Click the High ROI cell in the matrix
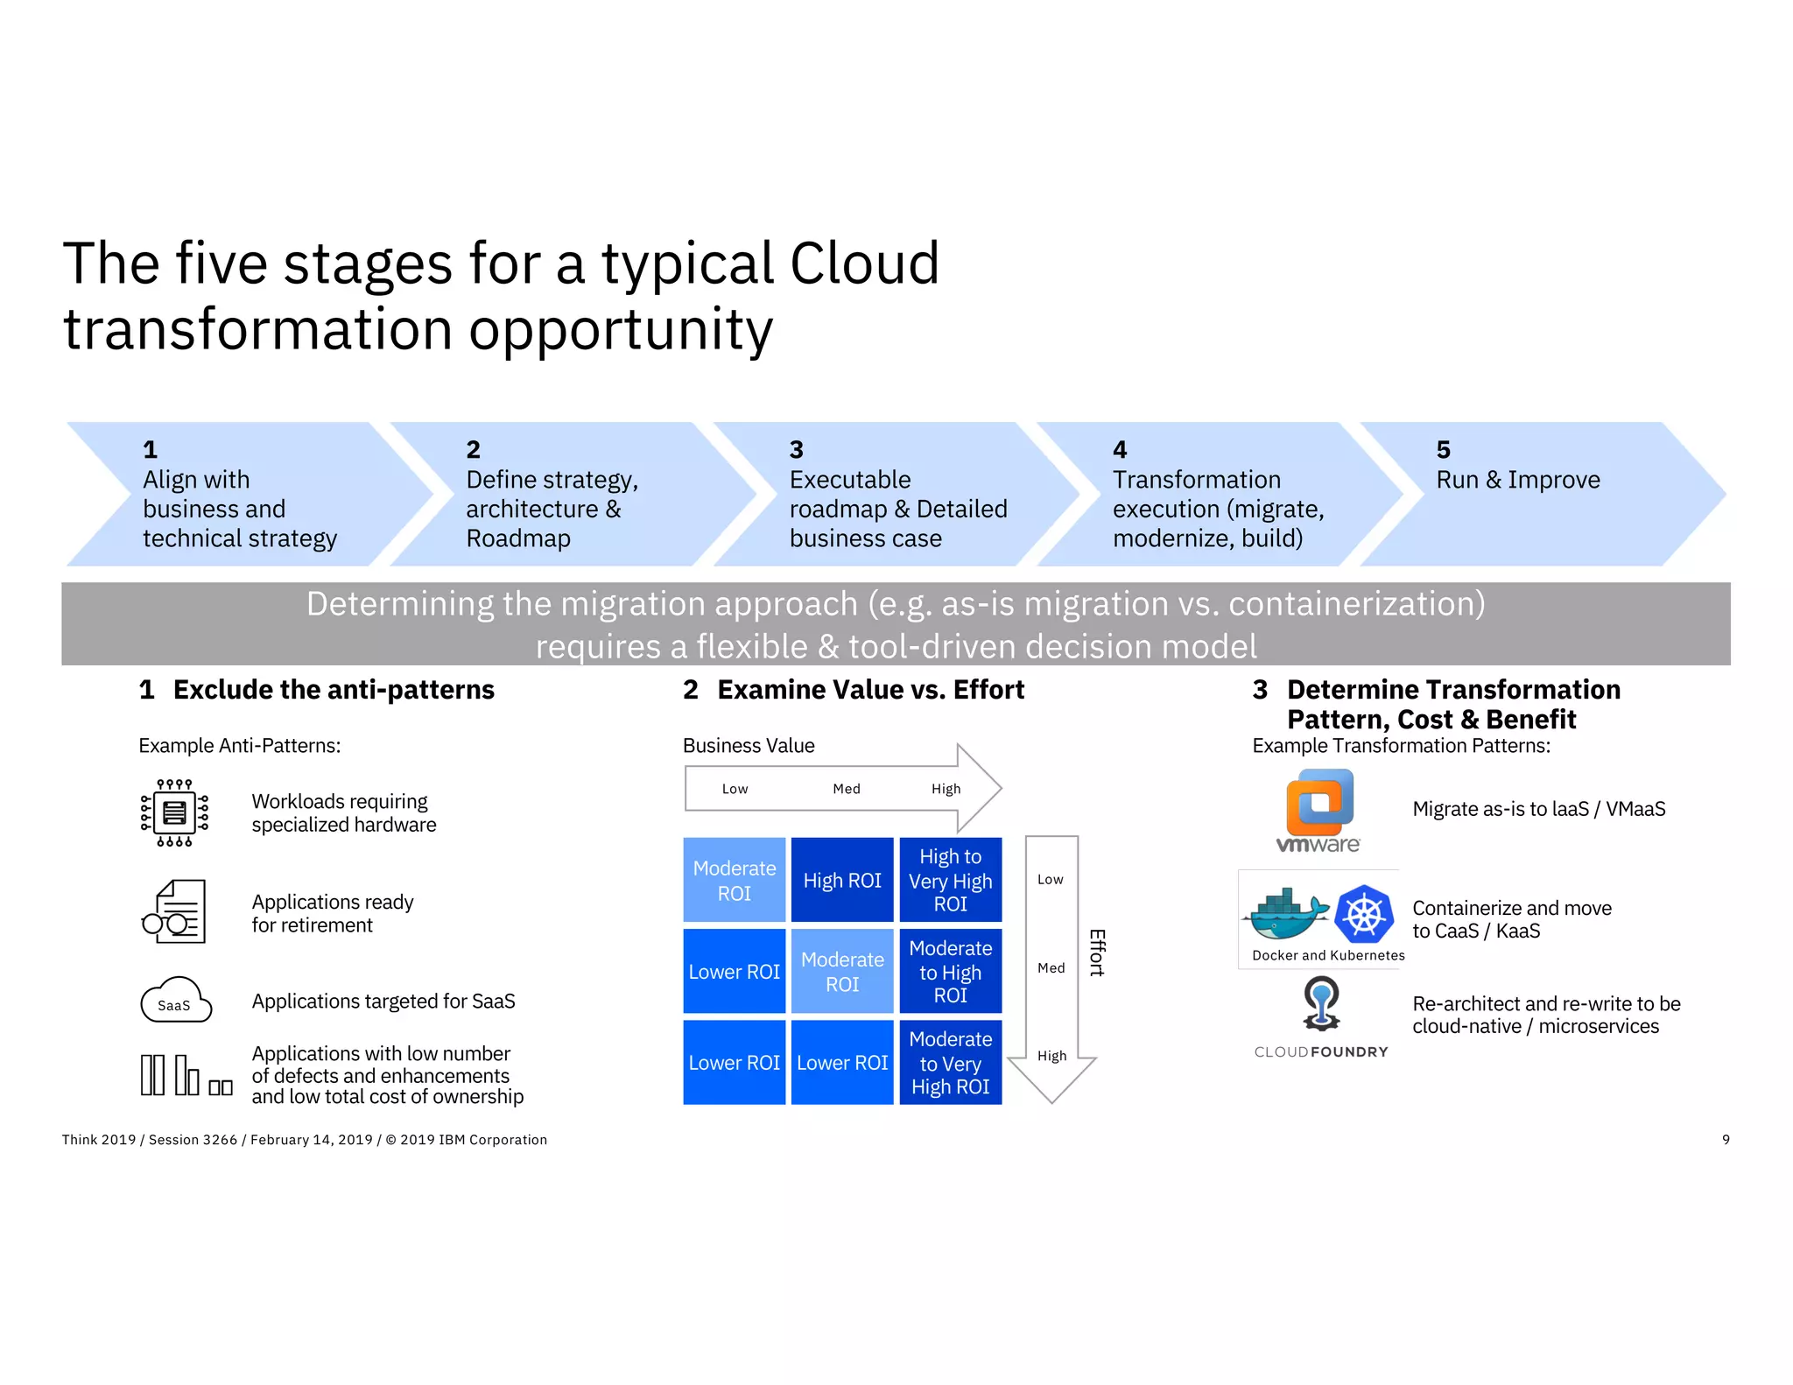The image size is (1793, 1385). [x=841, y=880]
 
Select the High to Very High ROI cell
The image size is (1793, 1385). [x=950, y=880]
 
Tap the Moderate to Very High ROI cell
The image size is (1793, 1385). [x=950, y=1062]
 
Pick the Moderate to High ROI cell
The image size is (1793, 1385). [x=950, y=971]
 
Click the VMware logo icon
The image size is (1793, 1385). [x=1319, y=811]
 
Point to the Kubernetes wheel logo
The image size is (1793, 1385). [x=1363, y=914]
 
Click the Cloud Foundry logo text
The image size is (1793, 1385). [x=1320, y=1051]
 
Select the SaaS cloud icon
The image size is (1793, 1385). [x=176, y=1001]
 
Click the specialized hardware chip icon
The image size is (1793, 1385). [x=174, y=812]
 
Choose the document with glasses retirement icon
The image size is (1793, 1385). [x=175, y=912]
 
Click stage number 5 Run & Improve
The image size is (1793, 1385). [x=1517, y=480]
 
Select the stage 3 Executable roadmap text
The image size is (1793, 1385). [x=897, y=509]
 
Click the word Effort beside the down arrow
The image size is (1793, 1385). [x=1097, y=953]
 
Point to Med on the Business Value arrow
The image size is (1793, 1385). [x=846, y=789]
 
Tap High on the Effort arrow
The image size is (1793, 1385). [x=1051, y=1056]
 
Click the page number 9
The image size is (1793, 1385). [x=1725, y=1139]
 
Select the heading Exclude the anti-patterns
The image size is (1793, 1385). [x=333, y=690]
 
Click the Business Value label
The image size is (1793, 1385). [x=748, y=745]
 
